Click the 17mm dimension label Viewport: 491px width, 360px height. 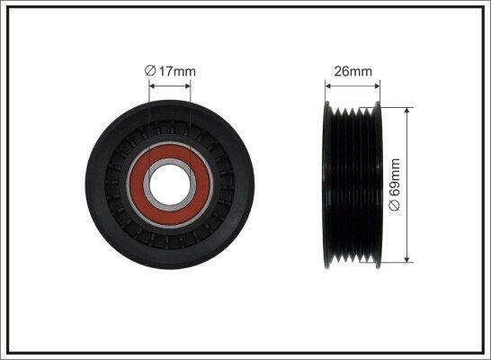[x=177, y=71]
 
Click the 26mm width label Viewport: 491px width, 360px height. [x=353, y=71]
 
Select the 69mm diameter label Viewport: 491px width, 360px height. [x=395, y=177]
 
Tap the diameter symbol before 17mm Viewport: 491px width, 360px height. [x=150, y=71]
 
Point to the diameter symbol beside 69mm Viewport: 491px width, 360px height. [x=395, y=205]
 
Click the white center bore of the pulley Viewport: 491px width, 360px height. [x=170, y=184]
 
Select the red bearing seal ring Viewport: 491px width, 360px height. [x=170, y=184]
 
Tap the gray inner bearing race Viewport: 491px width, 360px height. [x=170, y=184]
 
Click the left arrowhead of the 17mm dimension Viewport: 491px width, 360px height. [x=152, y=85]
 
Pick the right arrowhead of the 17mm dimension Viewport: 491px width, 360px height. [x=187, y=85]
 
